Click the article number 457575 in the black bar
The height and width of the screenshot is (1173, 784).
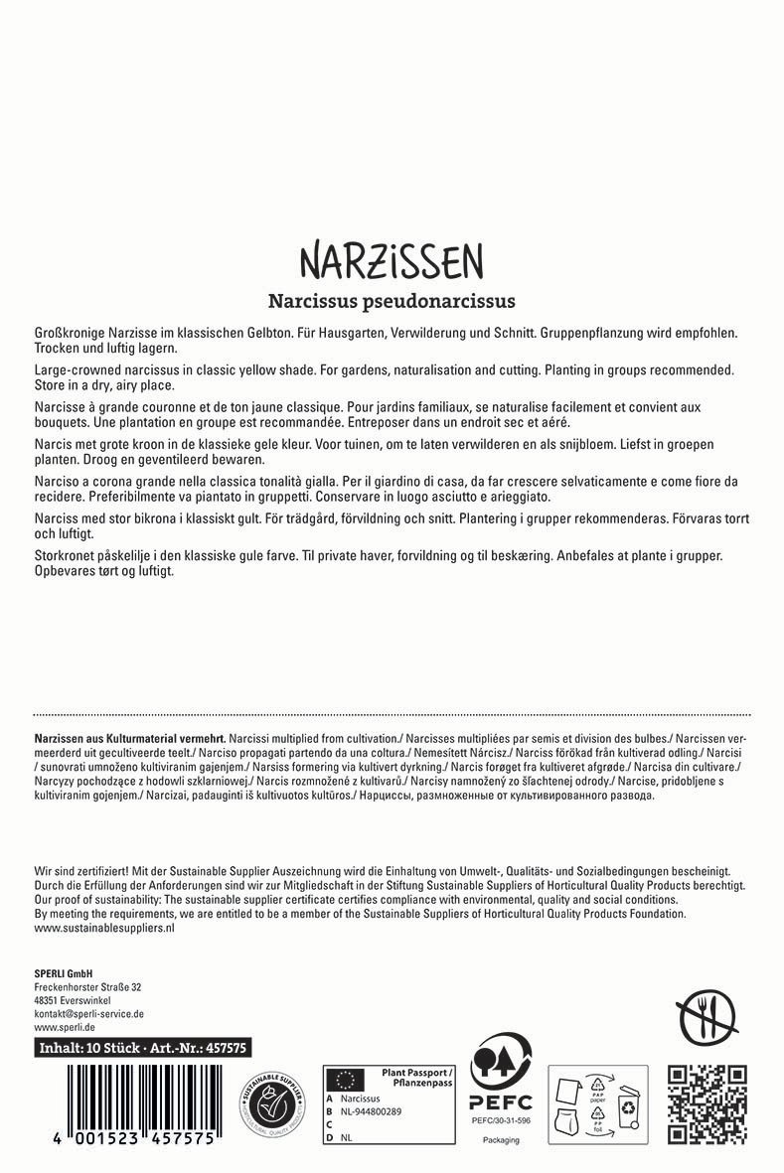pos(228,1047)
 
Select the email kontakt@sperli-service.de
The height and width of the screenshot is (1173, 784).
pos(89,1014)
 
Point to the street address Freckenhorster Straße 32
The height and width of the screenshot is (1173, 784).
pos(87,986)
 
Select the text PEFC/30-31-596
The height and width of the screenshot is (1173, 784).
pos(501,1120)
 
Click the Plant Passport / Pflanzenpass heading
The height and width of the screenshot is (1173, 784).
pos(416,1077)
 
